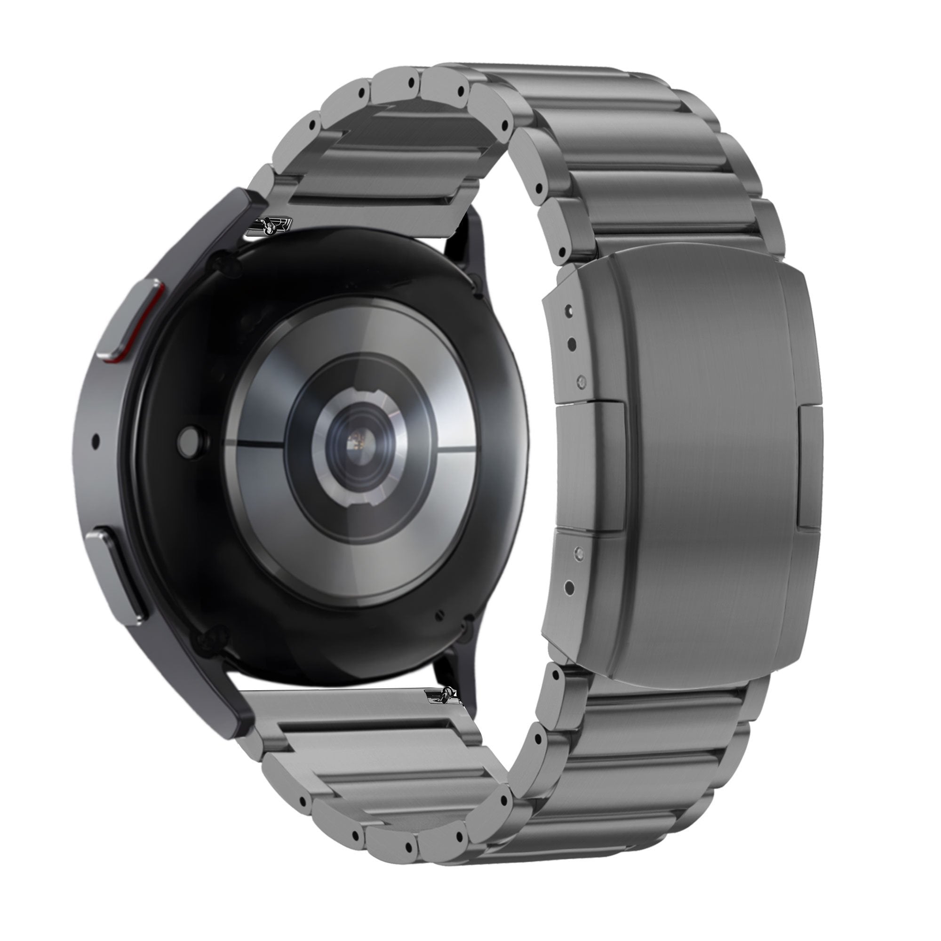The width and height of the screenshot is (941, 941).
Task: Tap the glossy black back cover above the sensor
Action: click(341, 273)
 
